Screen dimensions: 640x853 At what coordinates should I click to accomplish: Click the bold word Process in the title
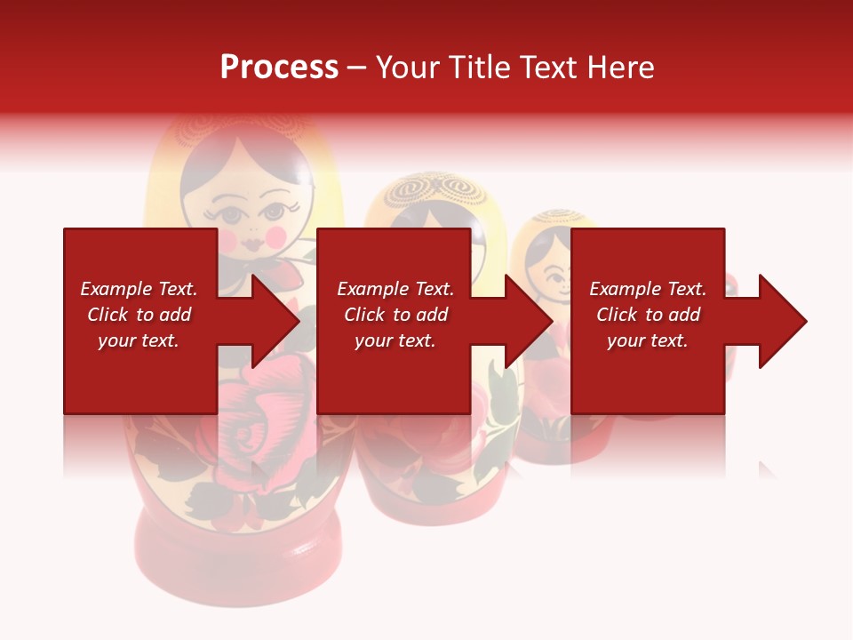(x=279, y=68)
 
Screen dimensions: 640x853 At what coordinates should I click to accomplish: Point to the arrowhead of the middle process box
(x=530, y=321)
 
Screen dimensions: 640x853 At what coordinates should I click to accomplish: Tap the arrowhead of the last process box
(x=784, y=321)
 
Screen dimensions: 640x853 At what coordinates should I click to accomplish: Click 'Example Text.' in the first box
(x=139, y=289)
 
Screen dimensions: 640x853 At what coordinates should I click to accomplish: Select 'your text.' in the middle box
(x=395, y=340)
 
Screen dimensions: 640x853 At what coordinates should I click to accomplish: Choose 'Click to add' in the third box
(x=648, y=315)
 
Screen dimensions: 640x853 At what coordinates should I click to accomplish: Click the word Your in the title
(x=407, y=68)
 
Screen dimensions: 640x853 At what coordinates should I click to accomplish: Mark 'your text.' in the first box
(x=139, y=340)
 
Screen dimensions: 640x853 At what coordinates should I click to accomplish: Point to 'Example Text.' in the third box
(x=648, y=289)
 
